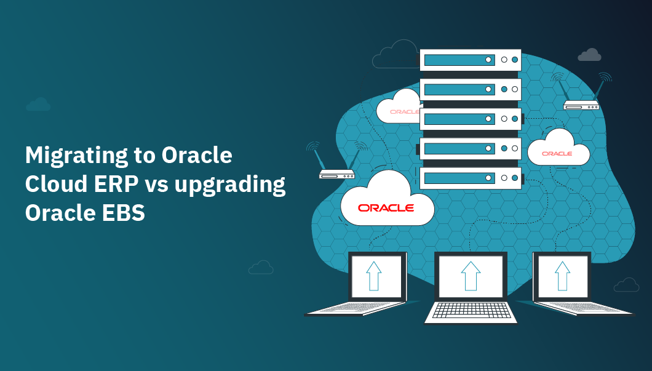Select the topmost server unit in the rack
point(471,60)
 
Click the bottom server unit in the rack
point(471,178)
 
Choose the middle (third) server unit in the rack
point(471,119)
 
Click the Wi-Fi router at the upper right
point(581,105)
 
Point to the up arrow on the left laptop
point(373,275)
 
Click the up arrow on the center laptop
point(471,275)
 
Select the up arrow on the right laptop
point(562,275)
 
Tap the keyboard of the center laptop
point(471,311)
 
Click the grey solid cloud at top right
point(589,55)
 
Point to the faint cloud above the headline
point(38,105)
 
